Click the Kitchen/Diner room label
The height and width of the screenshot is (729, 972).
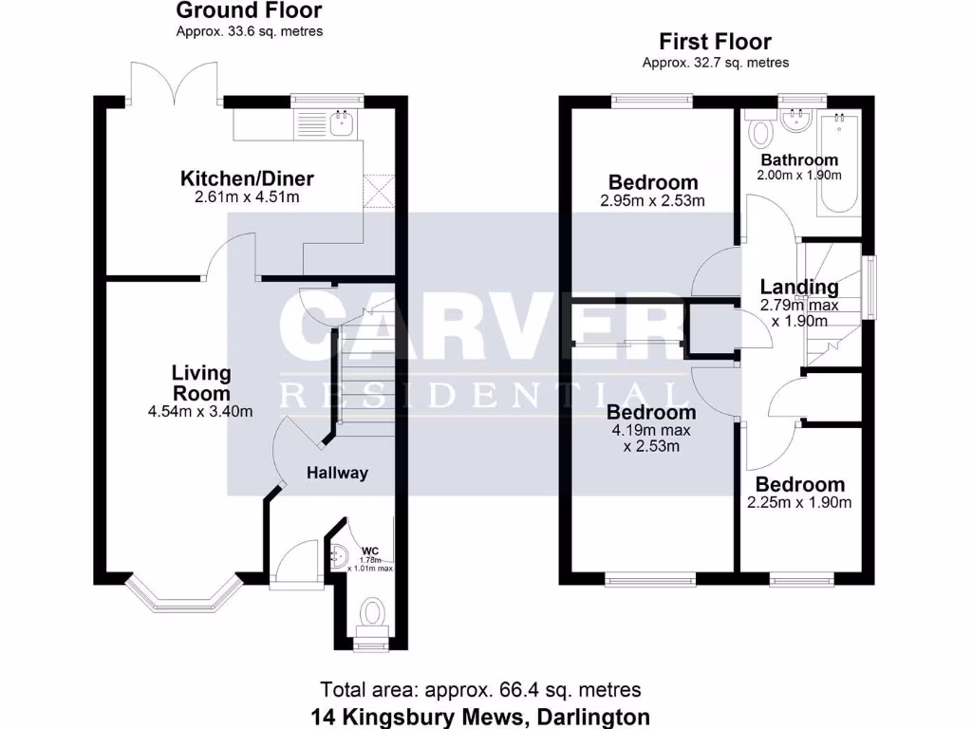tap(247, 178)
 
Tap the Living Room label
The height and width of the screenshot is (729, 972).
tap(200, 383)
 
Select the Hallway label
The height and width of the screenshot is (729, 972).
tap(337, 473)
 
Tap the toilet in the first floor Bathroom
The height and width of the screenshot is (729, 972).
tap(760, 130)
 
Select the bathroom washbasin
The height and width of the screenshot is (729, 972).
tap(794, 120)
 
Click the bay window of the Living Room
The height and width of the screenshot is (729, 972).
tap(184, 593)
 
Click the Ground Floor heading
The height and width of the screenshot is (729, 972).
tap(249, 11)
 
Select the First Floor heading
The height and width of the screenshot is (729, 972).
tap(715, 42)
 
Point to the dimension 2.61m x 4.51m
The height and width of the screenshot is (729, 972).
tap(247, 197)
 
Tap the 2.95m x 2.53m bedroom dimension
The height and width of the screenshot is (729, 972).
tap(652, 201)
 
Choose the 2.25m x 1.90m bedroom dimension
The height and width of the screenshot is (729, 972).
tap(799, 502)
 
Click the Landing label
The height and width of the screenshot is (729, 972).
tap(799, 287)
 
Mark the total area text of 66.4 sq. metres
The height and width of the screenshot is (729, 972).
tap(480, 690)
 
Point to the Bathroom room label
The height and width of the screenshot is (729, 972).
tap(799, 160)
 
